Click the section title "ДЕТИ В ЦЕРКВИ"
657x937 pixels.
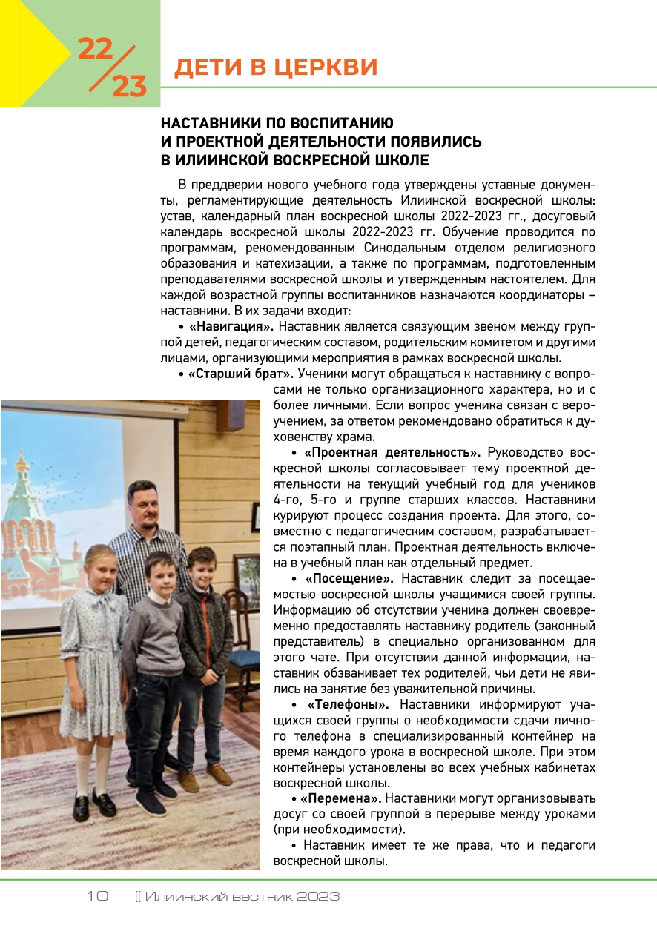pos(275,67)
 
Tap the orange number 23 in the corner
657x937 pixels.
pos(129,87)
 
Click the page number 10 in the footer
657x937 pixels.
pos(97,896)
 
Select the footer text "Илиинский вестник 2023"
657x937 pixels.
pos(242,896)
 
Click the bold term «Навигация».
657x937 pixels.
pos(231,326)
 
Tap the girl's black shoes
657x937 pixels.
pos(93,804)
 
